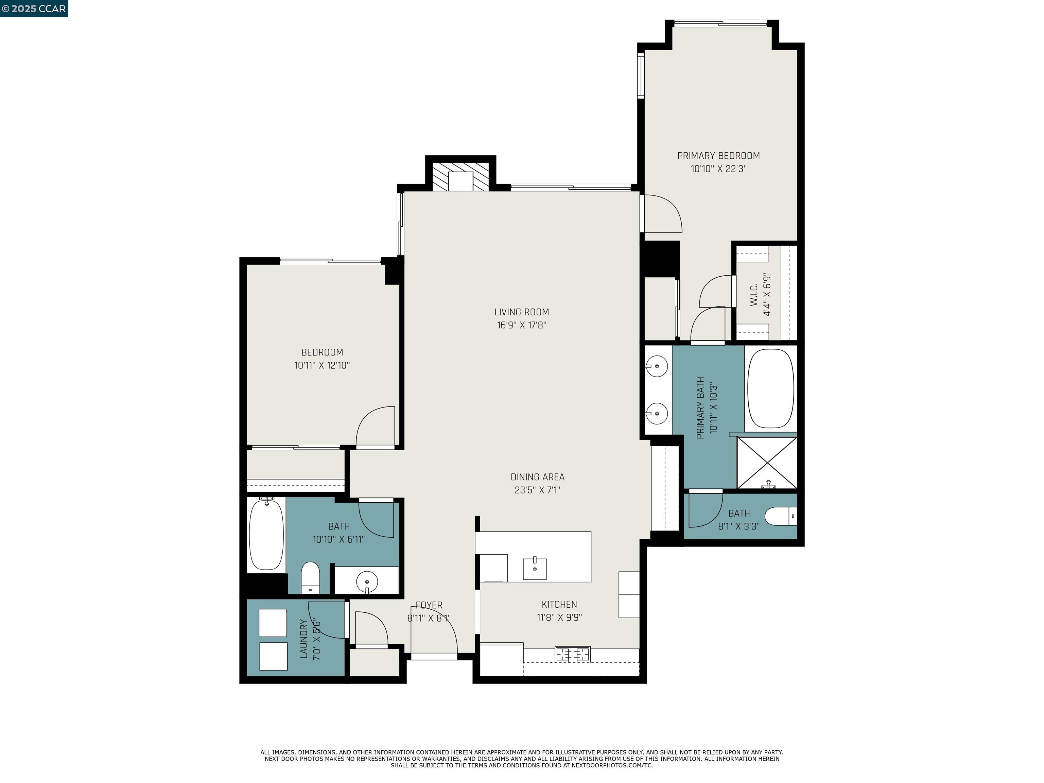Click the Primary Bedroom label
718,156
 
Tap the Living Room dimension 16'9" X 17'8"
522,325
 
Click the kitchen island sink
535,569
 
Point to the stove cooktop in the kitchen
573,655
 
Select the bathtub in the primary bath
771,388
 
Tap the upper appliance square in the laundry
273,623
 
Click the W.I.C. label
754,295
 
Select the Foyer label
429,605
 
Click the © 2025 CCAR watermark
34,8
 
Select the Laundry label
303,639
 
